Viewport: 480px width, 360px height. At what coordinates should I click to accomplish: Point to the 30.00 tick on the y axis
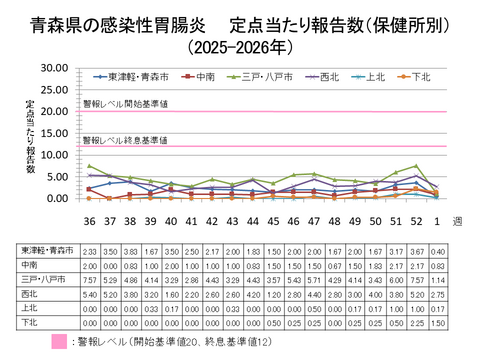pos(53,68)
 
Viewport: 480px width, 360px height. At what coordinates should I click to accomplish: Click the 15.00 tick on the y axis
pos(53,133)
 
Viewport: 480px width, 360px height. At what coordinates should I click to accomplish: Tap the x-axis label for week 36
pos(89,221)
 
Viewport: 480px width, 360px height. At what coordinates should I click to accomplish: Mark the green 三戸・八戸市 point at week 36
pos(89,166)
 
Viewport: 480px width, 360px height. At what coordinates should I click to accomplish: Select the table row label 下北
pos(30,323)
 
